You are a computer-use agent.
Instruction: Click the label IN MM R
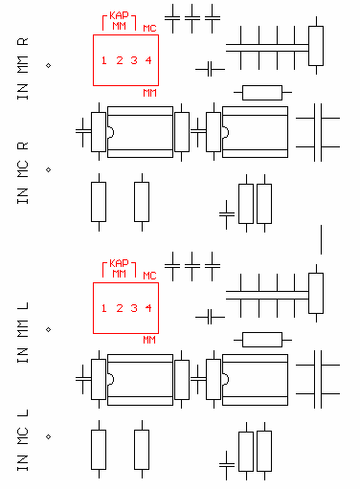tap(23, 69)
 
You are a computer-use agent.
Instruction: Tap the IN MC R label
tap(23, 173)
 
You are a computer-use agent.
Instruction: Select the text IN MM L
tap(23, 332)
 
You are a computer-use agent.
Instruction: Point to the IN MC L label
tap(23, 440)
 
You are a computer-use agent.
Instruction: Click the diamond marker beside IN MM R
tap(49, 65)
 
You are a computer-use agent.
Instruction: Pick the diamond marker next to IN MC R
tap(49, 169)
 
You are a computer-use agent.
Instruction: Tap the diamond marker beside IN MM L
tap(49, 329)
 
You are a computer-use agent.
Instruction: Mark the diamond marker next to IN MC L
tap(49, 436)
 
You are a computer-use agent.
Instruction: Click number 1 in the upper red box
tap(103, 60)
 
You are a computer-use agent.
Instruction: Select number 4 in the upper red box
tap(148, 60)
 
